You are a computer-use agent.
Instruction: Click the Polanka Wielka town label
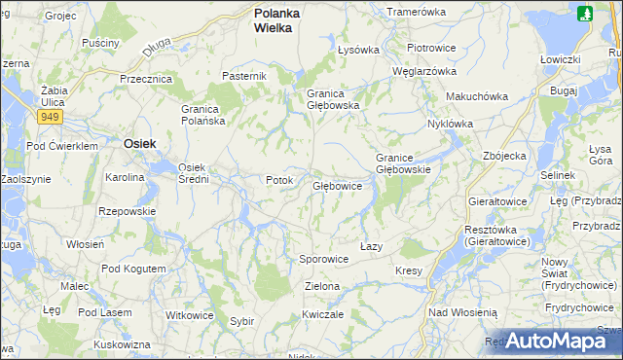[276, 20]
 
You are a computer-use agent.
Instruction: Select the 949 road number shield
[51, 117]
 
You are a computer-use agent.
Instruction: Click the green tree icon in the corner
[584, 14]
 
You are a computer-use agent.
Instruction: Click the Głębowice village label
[337, 186]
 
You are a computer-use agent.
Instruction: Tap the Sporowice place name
[323, 260]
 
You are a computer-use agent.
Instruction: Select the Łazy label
[371, 246]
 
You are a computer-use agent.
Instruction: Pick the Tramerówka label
[416, 12]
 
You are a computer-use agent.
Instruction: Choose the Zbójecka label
[504, 156]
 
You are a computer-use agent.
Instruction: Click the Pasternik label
[244, 76]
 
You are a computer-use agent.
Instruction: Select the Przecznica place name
[145, 79]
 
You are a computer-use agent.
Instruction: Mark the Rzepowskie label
[128, 210]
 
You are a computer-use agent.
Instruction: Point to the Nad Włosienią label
[463, 312]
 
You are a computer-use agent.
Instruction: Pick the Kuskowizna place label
[123, 344]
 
